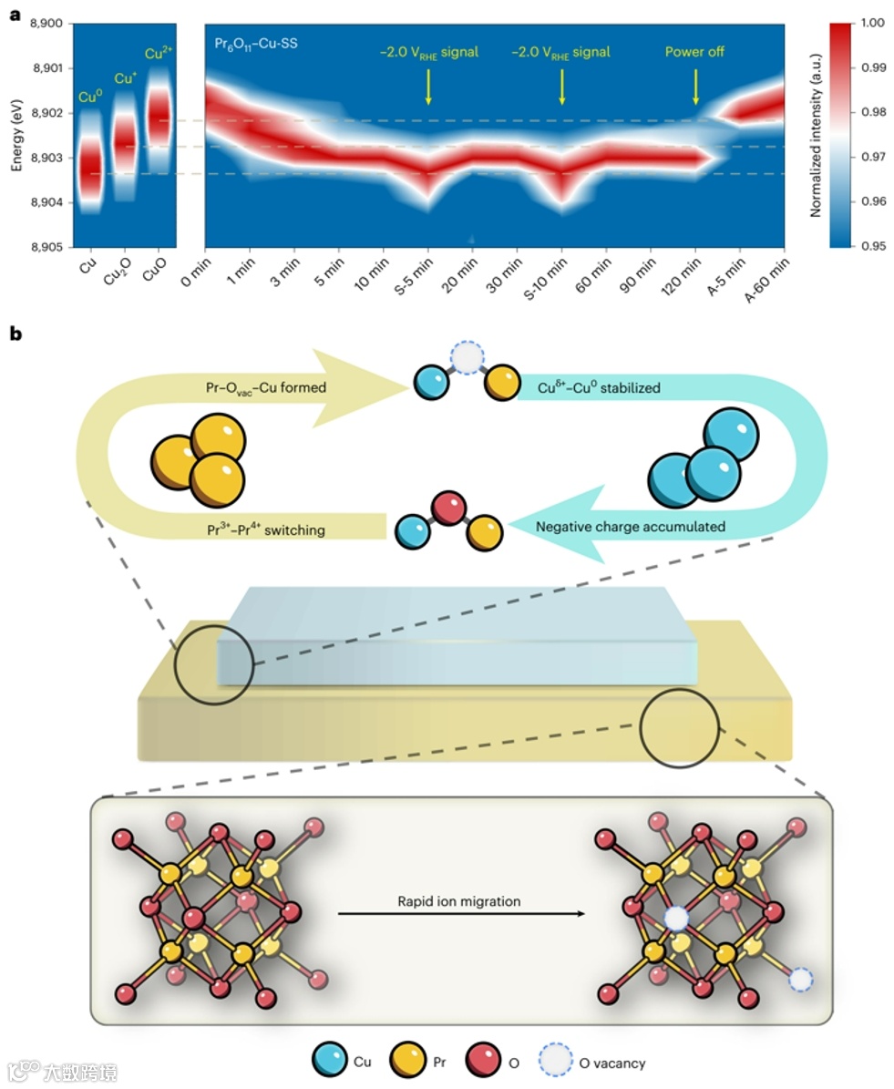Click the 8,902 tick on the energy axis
(x=46, y=113)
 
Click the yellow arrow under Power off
(x=696, y=88)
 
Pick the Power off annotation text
(x=694, y=52)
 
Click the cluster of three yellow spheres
(x=196, y=459)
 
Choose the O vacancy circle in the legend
(x=557, y=1062)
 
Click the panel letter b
(x=15, y=334)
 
